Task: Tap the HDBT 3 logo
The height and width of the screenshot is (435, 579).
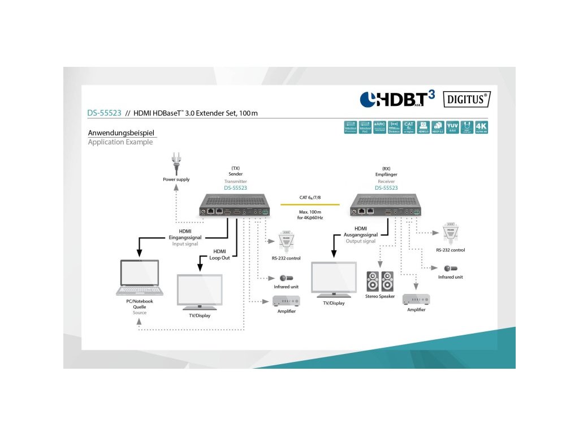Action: click(397, 99)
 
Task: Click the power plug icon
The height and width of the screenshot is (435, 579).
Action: click(176, 165)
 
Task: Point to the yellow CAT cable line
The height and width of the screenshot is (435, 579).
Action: click(310, 204)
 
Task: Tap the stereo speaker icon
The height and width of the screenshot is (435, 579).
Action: click(379, 281)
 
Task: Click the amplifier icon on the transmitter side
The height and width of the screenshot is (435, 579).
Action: click(286, 301)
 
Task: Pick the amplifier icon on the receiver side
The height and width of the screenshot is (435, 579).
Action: click(416, 300)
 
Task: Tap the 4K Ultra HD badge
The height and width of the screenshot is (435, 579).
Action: click(481, 127)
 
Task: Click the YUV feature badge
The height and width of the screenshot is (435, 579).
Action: click(452, 127)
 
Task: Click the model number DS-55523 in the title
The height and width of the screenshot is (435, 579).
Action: click(104, 113)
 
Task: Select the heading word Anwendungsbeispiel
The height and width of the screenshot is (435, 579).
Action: click(120, 133)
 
